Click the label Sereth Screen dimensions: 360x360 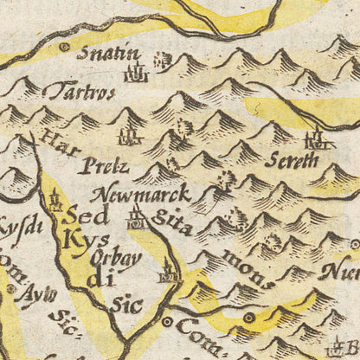297,162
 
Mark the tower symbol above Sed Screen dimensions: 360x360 56,202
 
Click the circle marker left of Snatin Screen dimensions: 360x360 63,47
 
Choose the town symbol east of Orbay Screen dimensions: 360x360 168,275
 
